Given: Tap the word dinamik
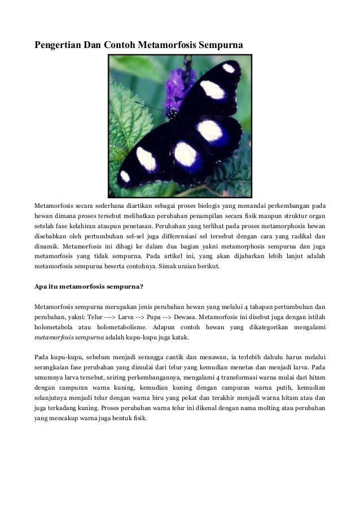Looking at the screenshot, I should (x=47, y=247).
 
